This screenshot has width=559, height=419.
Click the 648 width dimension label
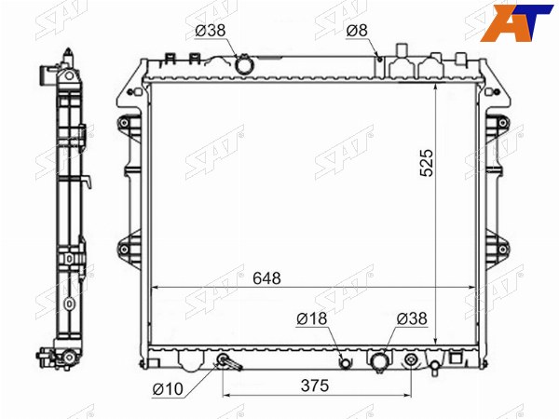pos(266,278)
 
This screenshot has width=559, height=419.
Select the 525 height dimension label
pos(427,163)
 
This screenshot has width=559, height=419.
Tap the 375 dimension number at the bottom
pos(315,385)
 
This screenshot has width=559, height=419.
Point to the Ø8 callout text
pos(357,31)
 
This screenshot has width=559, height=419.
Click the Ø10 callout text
pos(168,389)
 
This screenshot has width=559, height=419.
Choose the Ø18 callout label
pos(311,318)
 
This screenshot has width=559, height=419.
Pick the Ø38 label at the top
pos(211,31)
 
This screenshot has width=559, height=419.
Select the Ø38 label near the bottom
pos(412,318)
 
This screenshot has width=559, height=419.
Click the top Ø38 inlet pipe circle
pos(244,65)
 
